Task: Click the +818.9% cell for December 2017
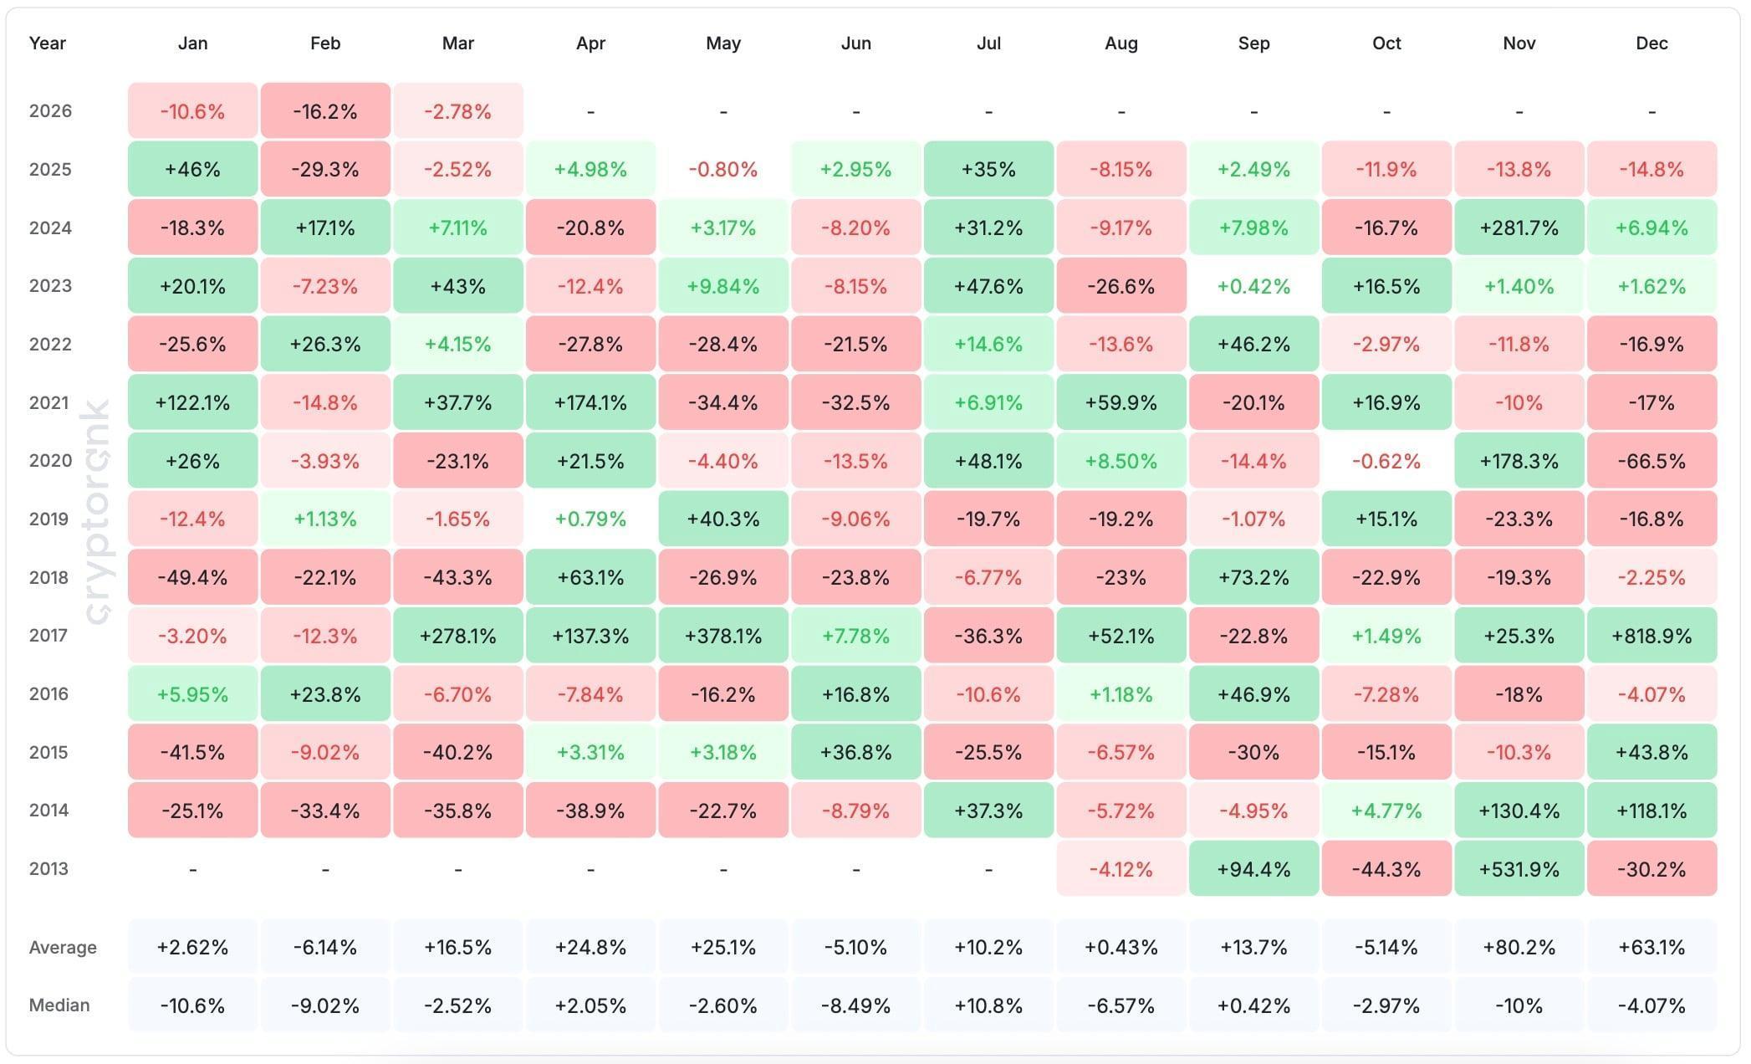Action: click(1651, 636)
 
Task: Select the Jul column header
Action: click(988, 43)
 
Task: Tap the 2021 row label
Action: click(48, 402)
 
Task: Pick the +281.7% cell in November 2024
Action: click(1519, 228)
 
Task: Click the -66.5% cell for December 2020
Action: click(1651, 461)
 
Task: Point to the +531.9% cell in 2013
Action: click(1519, 869)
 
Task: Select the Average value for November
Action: click(1519, 947)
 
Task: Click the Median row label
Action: click(59, 1005)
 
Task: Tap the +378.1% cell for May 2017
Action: click(723, 636)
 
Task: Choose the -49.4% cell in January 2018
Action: click(192, 577)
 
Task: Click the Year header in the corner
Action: click(47, 43)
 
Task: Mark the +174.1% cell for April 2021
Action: click(590, 402)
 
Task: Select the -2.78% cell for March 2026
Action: click(457, 111)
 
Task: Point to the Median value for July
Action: click(988, 1005)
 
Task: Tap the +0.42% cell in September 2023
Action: click(1253, 286)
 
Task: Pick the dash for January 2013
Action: click(192, 870)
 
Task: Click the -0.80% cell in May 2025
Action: click(723, 170)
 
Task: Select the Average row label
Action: click(63, 947)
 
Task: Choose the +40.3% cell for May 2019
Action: click(723, 519)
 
